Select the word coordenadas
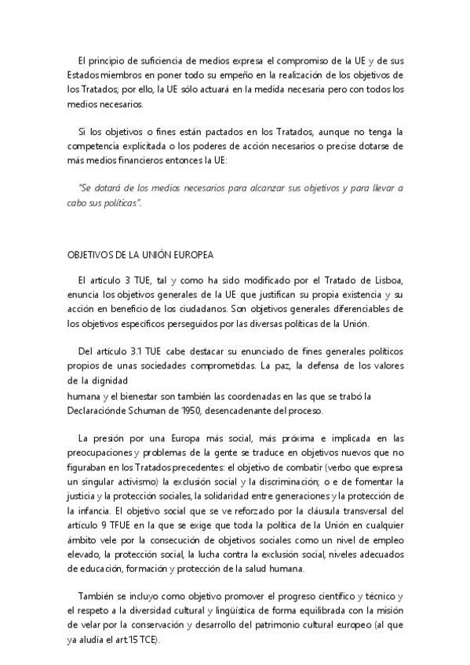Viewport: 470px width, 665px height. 245,396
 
